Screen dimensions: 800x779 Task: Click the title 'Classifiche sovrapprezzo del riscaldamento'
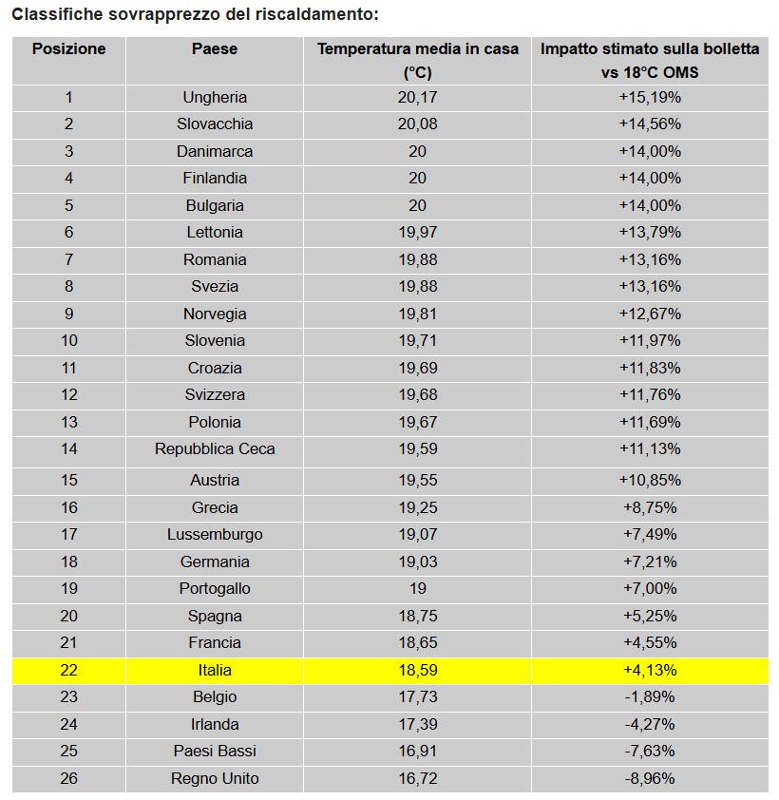194,15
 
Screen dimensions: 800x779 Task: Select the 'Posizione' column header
68,49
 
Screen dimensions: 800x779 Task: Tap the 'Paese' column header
215,49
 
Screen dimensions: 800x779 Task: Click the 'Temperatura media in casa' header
418,49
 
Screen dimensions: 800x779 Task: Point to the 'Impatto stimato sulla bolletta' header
650,49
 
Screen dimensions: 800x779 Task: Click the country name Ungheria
215,97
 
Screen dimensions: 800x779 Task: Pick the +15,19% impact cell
650,97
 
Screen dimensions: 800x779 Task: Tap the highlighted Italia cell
215,670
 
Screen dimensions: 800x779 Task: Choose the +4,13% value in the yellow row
650,670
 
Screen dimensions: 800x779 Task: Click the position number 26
68,778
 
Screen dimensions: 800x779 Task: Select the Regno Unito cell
215,778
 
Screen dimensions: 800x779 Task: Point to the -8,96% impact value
650,778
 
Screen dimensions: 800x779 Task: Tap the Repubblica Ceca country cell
215,448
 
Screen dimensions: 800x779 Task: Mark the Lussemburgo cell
215,534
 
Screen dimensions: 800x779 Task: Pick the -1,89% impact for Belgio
650,696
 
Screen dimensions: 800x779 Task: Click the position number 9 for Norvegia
68,314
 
